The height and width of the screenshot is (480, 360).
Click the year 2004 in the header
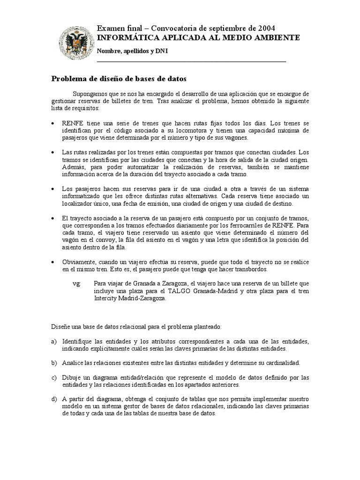pos(273,29)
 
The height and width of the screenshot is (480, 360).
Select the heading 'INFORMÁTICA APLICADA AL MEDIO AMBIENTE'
pos(198,37)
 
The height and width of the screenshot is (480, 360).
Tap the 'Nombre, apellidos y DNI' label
pos(132,51)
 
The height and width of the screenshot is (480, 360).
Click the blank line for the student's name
pos(191,61)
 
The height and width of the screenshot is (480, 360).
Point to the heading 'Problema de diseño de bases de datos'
pos(119,79)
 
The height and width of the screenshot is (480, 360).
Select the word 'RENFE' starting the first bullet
pos(72,123)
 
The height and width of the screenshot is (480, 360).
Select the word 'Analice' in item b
pos(73,363)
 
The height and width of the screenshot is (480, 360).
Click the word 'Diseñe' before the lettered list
pos(60,326)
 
